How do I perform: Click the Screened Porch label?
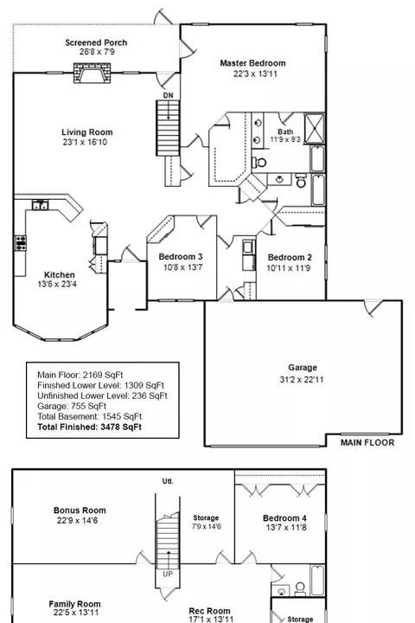[96, 42]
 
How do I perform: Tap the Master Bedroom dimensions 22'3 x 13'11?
[255, 74]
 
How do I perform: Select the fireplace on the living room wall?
[92, 73]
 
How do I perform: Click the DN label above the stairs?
[169, 95]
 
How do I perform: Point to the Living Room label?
[87, 132]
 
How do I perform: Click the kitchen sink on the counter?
[40, 205]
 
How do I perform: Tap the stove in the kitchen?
[21, 243]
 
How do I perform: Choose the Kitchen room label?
[59, 274]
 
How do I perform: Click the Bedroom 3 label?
[181, 257]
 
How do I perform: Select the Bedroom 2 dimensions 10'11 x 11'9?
[288, 267]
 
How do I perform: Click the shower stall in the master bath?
[314, 128]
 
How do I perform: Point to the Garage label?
[303, 368]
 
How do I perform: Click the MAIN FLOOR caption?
[367, 443]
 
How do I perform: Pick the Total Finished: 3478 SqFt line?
[89, 427]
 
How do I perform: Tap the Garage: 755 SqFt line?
[72, 406]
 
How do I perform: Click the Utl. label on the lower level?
[168, 481]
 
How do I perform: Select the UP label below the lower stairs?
[168, 574]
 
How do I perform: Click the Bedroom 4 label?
[284, 518]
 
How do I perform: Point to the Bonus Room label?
[80, 511]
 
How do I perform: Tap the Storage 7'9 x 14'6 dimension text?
[207, 526]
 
